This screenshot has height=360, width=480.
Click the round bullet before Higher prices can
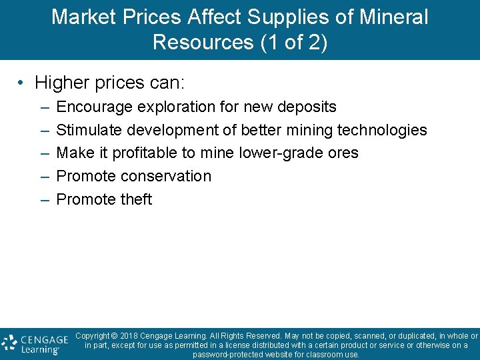[22, 83]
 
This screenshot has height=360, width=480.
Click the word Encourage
[94, 107]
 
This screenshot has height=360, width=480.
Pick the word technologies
[383, 130]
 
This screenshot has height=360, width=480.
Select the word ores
[343, 153]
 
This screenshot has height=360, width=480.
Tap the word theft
[136, 199]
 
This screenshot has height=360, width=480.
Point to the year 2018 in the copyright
[130, 336]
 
